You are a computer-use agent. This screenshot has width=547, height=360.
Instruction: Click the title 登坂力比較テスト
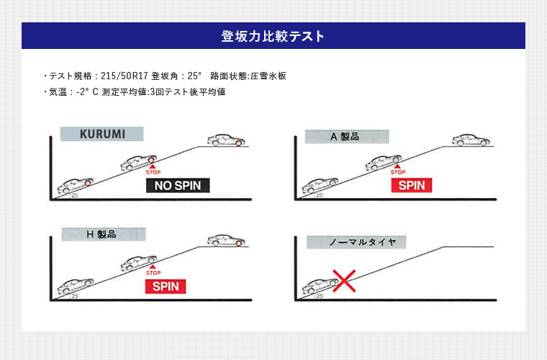click(x=273, y=36)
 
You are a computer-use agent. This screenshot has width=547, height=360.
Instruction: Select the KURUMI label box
click(x=101, y=134)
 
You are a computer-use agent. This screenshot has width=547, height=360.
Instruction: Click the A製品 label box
click(x=347, y=136)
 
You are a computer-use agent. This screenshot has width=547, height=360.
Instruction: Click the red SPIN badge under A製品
click(x=412, y=186)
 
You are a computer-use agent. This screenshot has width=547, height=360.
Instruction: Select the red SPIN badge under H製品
click(x=165, y=286)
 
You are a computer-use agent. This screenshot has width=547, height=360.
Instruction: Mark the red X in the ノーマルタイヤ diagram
click(x=343, y=280)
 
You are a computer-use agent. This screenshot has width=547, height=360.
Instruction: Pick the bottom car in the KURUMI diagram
click(x=75, y=185)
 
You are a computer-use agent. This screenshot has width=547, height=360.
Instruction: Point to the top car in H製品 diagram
click(x=226, y=240)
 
